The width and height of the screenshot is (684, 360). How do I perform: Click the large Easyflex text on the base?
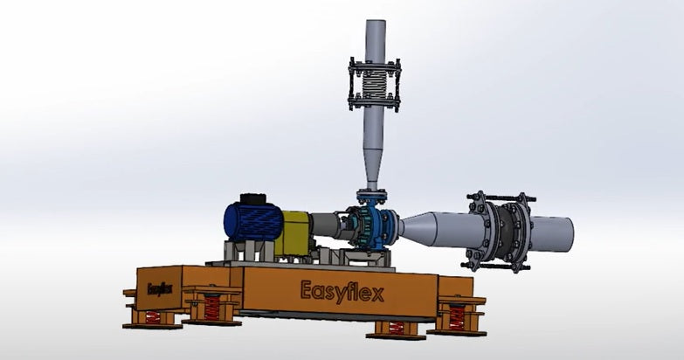(342, 290)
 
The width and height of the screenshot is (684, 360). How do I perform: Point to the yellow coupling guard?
(294, 231)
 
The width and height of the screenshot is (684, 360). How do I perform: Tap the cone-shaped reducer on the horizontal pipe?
(432, 229)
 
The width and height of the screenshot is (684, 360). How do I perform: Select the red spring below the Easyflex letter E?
(212, 308)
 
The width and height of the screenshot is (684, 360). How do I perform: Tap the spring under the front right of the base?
(396, 328)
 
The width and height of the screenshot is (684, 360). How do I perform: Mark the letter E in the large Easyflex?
(307, 289)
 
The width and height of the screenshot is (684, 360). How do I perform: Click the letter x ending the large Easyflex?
(377, 293)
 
